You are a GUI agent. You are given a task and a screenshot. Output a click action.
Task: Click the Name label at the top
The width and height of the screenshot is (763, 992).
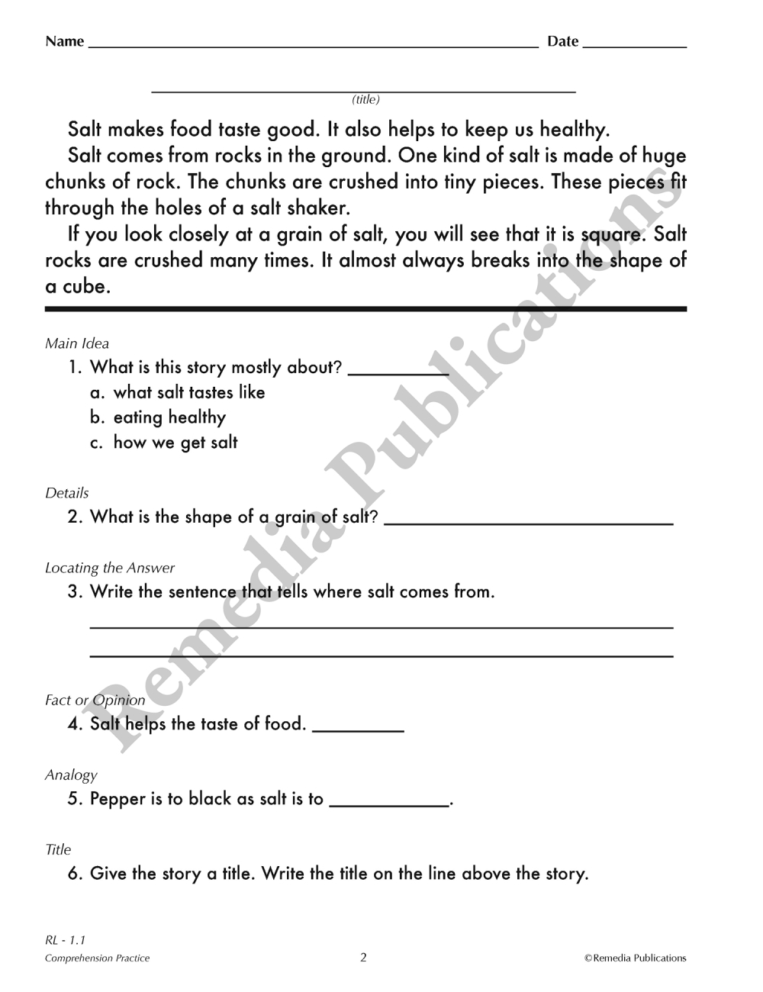point(64,41)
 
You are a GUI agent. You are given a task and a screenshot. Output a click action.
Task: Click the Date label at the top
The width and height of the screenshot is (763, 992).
point(562,41)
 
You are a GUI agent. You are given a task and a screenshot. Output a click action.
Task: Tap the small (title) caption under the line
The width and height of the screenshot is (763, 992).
point(365,100)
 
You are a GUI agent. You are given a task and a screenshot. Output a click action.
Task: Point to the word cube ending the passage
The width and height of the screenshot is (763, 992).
point(85,287)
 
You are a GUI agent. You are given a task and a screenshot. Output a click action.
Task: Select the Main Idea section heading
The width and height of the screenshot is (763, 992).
point(77,343)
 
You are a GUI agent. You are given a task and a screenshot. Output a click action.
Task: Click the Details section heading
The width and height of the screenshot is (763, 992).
point(67,493)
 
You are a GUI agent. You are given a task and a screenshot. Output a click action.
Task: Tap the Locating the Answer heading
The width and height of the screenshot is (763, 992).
point(110,568)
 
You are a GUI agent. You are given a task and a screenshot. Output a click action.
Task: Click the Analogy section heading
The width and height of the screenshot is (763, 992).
point(71,775)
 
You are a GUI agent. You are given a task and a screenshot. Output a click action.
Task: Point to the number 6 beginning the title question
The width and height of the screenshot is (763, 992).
point(73,874)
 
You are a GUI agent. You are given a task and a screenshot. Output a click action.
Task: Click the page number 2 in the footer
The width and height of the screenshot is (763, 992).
point(363,958)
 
